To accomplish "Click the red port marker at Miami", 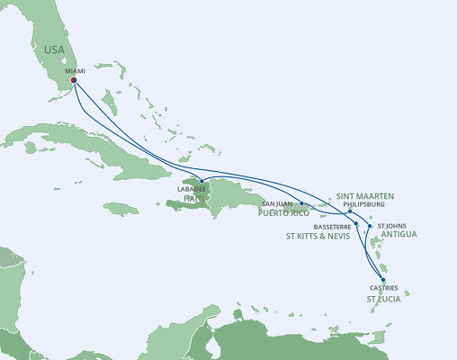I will click(x=74, y=79).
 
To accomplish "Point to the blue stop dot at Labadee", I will click(x=202, y=181).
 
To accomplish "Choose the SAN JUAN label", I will click(x=278, y=203).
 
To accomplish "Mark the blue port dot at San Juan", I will click(x=300, y=204).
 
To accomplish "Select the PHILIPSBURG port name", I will click(x=363, y=203).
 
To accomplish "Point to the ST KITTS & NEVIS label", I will click(x=320, y=237).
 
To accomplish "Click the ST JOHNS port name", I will click(x=393, y=226).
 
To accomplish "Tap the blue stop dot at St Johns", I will click(x=370, y=225).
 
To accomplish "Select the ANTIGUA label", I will click(x=399, y=236).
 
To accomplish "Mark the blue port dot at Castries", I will click(x=384, y=280).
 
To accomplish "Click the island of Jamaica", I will click(x=121, y=208).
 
